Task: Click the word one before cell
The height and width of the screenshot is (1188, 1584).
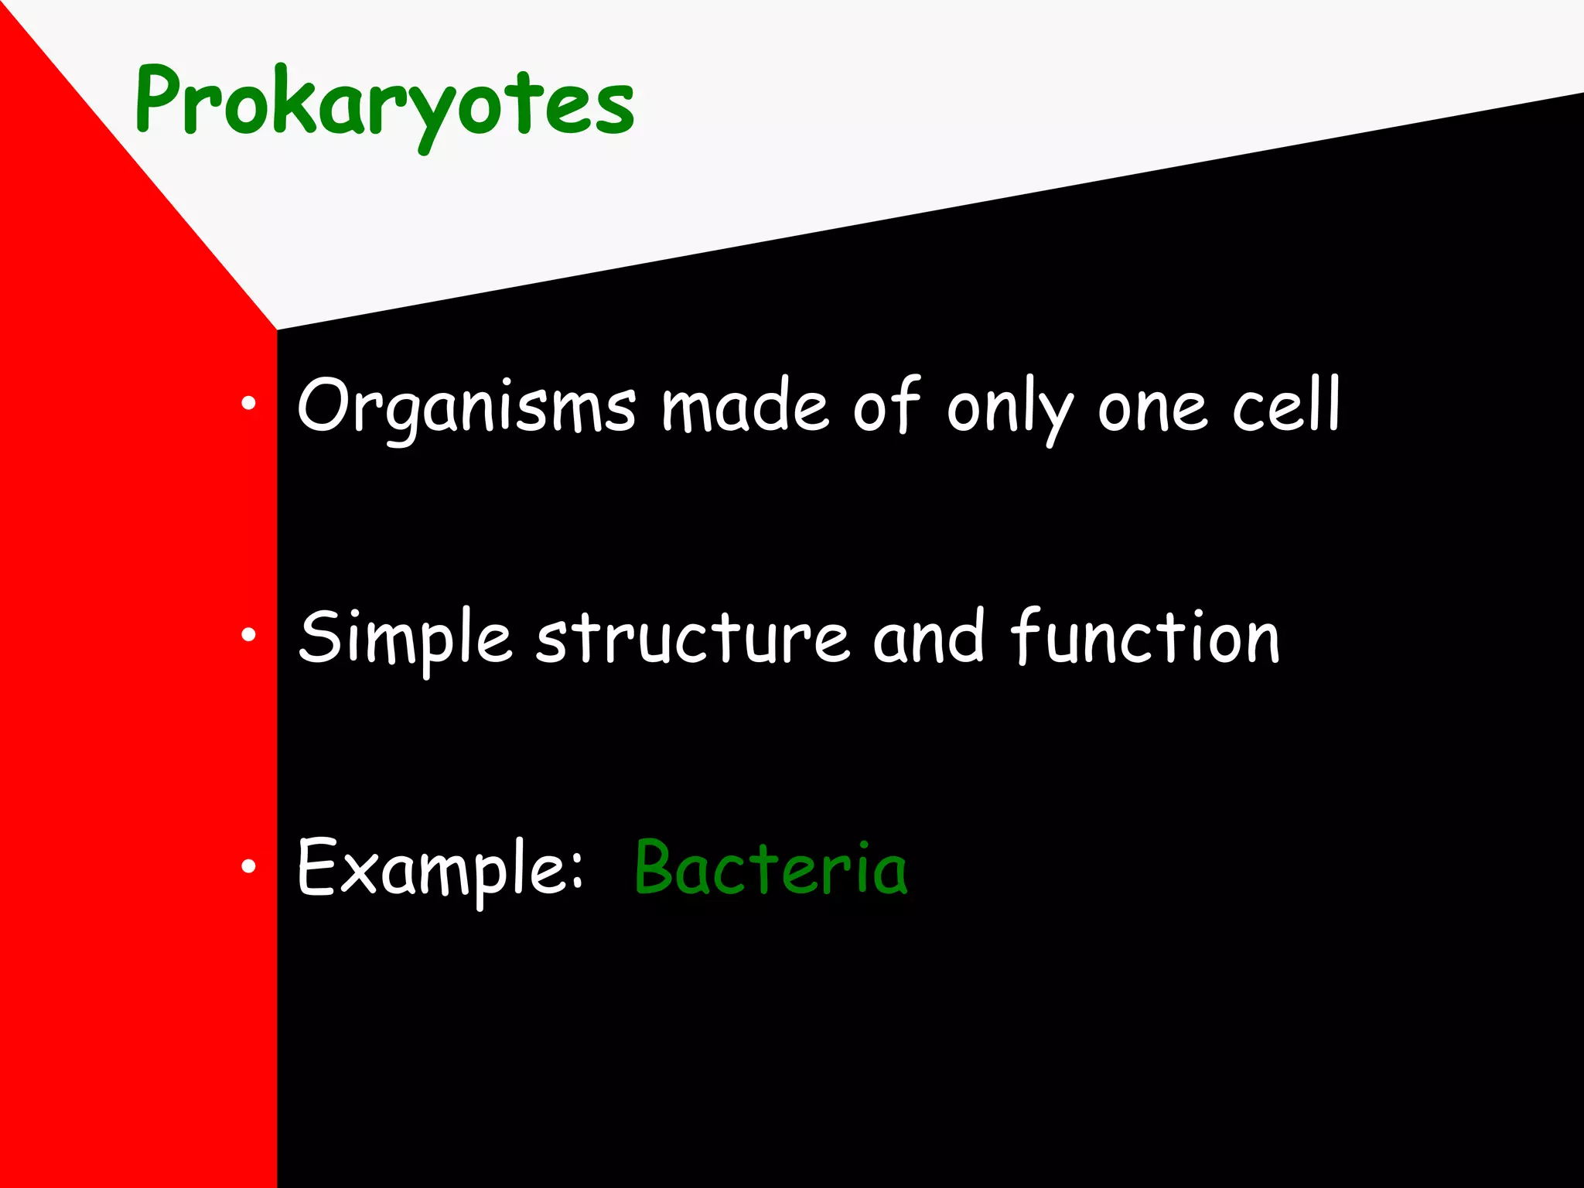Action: click(1152, 410)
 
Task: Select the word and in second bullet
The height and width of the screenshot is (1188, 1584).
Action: click(928, 637)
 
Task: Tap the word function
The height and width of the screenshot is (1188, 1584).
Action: click(1145, 637)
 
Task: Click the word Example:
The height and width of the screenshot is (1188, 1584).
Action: click(439, 869)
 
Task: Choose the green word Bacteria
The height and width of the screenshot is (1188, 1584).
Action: click(770, 869)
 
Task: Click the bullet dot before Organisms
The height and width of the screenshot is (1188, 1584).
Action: click(247, 403)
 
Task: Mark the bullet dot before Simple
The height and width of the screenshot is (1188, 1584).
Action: click(247, 635)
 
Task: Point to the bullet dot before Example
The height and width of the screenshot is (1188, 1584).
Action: click(247, 866)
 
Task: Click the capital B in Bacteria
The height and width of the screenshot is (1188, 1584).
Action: click(659, 867)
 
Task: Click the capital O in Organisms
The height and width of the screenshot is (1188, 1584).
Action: click(325, 406)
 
